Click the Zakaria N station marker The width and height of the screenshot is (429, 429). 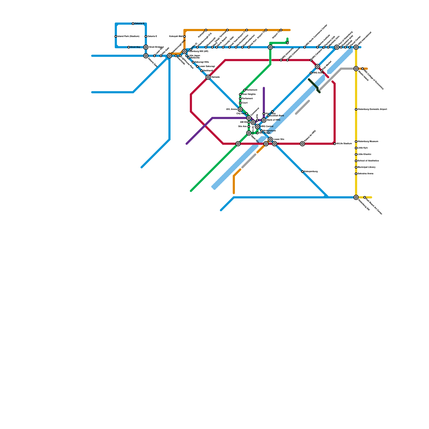point(133,24)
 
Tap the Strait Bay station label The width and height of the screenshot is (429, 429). point(135,47)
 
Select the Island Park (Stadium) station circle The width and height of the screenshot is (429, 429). point(116,36)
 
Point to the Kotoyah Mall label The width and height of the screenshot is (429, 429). point(176,36)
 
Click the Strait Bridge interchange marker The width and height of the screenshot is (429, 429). point(146,47)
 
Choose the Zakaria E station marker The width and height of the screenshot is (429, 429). point(146,36)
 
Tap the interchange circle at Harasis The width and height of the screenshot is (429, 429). point(208,77)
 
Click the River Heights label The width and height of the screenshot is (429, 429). point(249,94)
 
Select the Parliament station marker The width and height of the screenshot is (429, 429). point(240,99)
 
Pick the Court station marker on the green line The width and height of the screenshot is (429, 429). point(240,103)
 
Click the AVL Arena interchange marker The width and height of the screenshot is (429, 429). point(240,109)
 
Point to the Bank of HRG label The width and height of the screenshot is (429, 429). point(273,120)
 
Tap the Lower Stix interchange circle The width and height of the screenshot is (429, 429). point(270,139)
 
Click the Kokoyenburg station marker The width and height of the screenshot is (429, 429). point(302,172)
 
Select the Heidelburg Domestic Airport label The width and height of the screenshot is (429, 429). point(372,109)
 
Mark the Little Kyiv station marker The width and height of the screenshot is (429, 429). point(356,148)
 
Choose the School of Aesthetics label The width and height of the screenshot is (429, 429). point(368,161)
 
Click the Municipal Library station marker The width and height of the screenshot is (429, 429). point(356,167)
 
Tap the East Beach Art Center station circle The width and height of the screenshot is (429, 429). point(365,197)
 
